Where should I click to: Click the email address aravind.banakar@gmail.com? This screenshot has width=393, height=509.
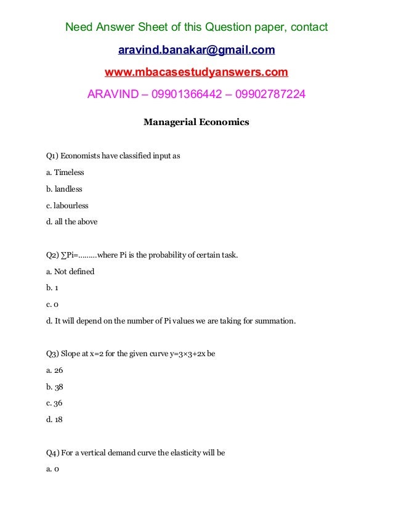(x=197, y=49)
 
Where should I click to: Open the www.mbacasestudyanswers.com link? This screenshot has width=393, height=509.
(x=197, y=73)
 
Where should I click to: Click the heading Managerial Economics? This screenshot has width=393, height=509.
(x=197, y=122)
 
